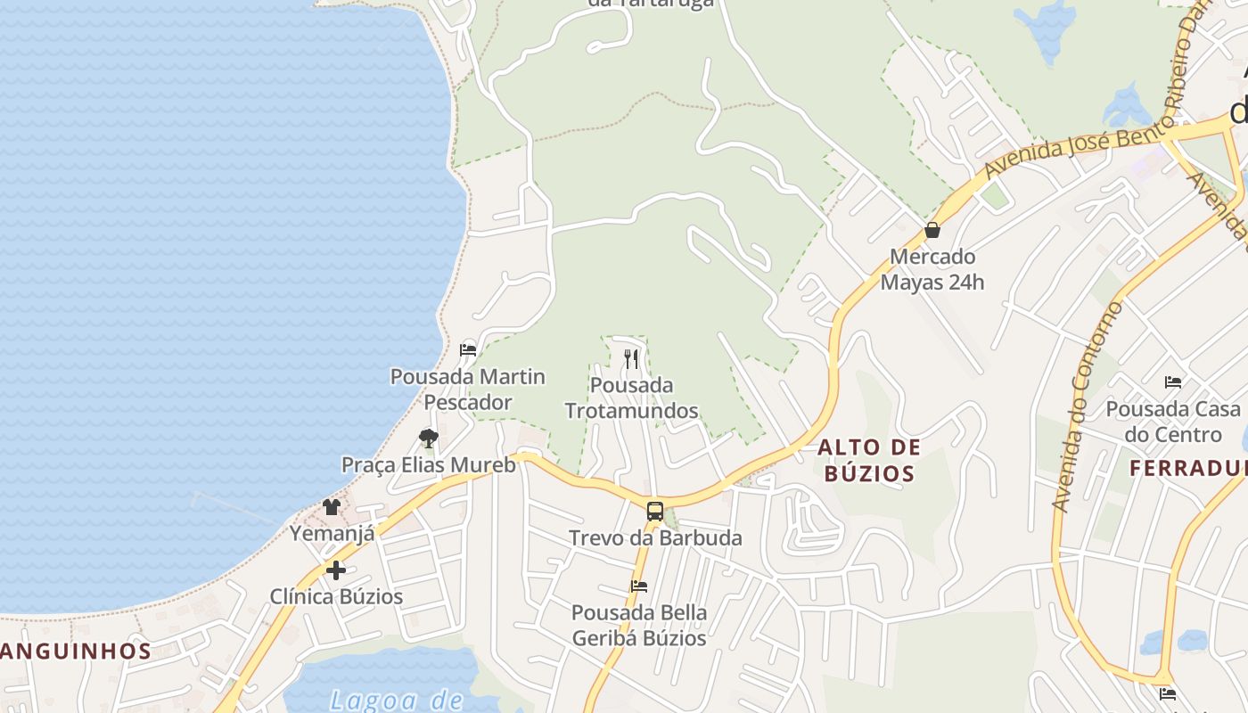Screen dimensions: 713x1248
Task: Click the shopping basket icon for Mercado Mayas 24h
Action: (x=932, y=230)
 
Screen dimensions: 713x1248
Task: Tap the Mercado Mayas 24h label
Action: (x=932, y=269)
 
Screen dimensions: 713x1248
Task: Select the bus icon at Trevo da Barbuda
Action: (x=655, y=512)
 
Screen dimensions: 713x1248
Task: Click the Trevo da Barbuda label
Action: (x=655, y=538)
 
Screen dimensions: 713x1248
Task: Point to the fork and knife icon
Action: (x=631, y=359)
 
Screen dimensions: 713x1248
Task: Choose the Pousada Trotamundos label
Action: (x=631, y=397)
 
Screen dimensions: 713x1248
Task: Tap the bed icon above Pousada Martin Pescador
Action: (x=468, y=350)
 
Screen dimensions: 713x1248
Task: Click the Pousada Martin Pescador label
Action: (x=468, y=389)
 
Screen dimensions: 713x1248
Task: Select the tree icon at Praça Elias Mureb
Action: (x=429, y=438)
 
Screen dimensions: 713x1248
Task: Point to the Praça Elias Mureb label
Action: (x=429, y=464)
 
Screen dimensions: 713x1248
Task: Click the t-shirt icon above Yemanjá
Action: (x=332, y=507)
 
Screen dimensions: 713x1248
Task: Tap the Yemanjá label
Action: (x=332, y=534)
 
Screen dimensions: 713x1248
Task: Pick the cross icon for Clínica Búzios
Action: (x=336, y=570)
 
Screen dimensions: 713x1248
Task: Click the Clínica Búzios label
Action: (x=336, y=596)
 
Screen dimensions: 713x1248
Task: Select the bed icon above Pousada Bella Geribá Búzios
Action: (x=639, y=586)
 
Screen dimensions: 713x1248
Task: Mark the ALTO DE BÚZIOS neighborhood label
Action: (x=869, y=460)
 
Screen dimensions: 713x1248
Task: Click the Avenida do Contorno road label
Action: (x=1088, y=406)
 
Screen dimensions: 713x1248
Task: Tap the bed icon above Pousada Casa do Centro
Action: (x=1173, y=382)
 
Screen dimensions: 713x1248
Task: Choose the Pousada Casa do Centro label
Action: (x=1173, y=422)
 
